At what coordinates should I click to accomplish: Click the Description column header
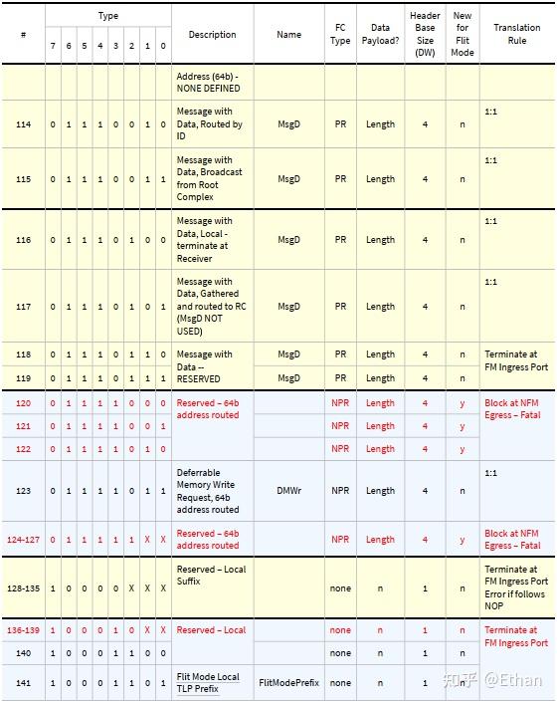pos(212,35)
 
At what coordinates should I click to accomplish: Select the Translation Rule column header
pos(516,34)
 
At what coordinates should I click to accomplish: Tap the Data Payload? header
pos(380,34)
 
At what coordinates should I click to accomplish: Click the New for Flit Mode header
pos(463,34)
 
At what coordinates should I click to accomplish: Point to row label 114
pos(24,124)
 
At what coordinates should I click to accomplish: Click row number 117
pos(24,307)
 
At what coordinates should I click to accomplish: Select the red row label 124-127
pos(24,540)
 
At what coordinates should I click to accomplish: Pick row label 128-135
pos(24,588)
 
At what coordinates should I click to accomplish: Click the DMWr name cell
pos(288,491)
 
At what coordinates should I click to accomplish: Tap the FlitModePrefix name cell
pos(288,684)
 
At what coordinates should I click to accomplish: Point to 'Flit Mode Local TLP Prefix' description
pos(208,684)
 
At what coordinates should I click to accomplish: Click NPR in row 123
pos(340,491)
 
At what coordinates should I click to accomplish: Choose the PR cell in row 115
pos(340,179)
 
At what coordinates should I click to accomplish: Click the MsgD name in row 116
pos(288,240)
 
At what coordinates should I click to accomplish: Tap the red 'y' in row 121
pos(463,426)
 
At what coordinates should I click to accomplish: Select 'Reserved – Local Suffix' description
pos(211,576)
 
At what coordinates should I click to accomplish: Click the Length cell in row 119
pos(380,378)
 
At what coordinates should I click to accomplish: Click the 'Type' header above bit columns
pos(107,16)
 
